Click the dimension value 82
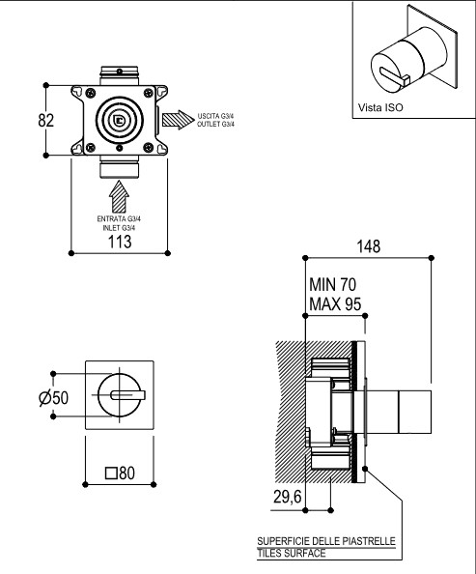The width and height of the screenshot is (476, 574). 46,121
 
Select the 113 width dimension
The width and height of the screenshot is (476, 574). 120,242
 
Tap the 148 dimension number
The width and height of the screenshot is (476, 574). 369,246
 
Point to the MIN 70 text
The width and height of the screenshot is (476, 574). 332,285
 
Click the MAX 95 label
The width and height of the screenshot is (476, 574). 335,304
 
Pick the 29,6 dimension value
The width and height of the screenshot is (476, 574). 287,497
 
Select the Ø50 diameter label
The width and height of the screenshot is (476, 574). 53,398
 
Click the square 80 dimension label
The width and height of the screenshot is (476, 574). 120,473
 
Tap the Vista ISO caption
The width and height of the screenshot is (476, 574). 380,107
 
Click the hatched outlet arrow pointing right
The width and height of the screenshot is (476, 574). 179,120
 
